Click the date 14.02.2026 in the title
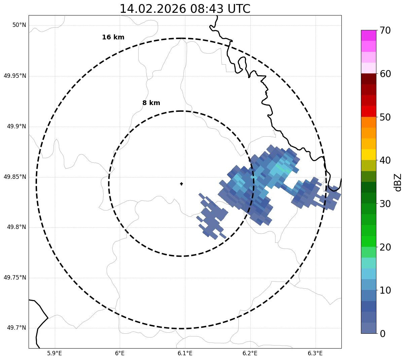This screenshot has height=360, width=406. point(153,9)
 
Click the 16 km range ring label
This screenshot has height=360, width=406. point(113,37)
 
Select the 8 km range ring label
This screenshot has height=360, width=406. point(151,103)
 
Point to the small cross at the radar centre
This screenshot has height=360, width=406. point(182,184)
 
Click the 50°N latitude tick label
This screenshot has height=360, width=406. point(19,25)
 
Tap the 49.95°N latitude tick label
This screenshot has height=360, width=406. point(15,76)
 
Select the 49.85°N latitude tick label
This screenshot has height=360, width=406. point(15,177)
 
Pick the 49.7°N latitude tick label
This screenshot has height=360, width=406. point(16,328)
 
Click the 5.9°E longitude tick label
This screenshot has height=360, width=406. point(54,353)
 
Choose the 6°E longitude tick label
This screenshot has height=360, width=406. point(120,353)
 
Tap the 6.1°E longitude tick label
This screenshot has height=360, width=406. point(185,353)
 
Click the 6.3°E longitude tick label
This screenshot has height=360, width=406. point(315,353)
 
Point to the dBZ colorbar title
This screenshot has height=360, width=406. point(398,182)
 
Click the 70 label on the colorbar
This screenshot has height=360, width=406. point(385,31)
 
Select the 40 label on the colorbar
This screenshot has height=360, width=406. point(385,160)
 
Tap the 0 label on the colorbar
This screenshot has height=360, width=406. point(382,334)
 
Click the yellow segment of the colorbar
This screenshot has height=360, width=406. point(368,155)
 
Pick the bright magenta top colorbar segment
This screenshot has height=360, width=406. point(368,35)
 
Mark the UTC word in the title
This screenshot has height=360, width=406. point(239,9)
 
